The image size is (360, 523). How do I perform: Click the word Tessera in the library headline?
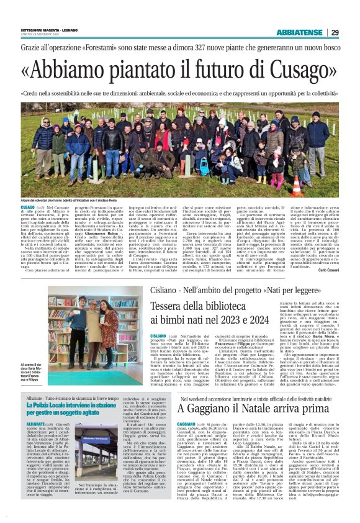point(159,306)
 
